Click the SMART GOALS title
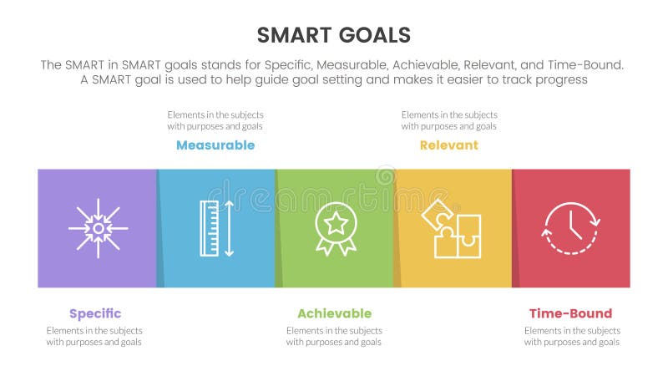tap(334, 34)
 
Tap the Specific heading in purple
tap(95, 313)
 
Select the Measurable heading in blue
tap(215, 145)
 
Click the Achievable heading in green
tap(334, 313)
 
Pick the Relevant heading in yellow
tap(449, 145)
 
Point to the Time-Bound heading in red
tap(570, 313)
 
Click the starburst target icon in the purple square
tap(98, 228)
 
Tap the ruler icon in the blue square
tap(209, 228)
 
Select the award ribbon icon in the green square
tap(335, 228)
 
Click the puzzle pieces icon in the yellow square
tap(452, 228)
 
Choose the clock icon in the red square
tap(571, 228)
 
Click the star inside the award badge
tap(335, 222)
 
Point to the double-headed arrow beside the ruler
tap(230, 228)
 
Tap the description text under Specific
tap(94, 336)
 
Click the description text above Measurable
tap(215, 120)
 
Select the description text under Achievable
tap(334, 336)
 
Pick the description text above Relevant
tap(449, 120)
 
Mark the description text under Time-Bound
tap(572, 336)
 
